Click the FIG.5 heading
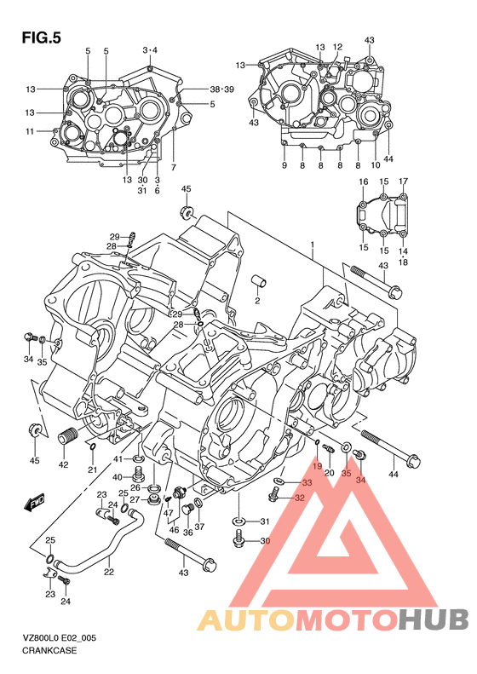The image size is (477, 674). coord(41,38)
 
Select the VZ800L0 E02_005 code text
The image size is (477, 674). coord(60,638)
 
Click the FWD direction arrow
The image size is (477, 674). coord(34,503)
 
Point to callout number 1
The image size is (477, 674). coord(313,245)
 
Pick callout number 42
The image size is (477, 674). coord(63,464)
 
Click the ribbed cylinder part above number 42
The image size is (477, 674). coord(66,439)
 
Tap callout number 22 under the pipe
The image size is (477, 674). coord(109,572)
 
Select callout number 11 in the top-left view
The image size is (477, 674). coord(29,131)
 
